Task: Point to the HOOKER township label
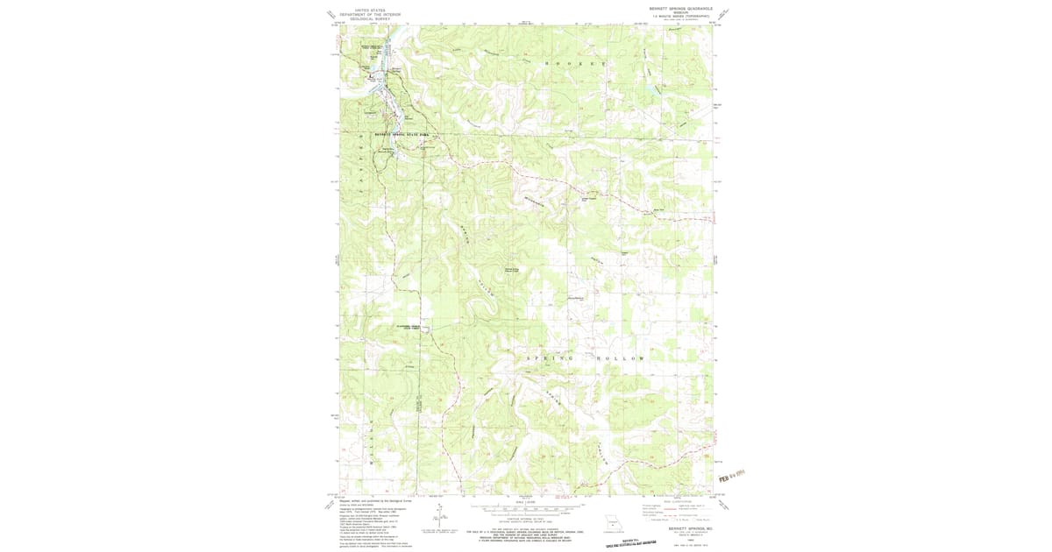[x=575, y=65]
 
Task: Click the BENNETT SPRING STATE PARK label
[x=402, y=134]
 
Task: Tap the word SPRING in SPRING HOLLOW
[x=549, y=358]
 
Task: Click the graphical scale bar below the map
[x=520, y=508]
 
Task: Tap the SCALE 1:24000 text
[x=520, y=501]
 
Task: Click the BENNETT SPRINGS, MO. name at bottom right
[x=686, y=528]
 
